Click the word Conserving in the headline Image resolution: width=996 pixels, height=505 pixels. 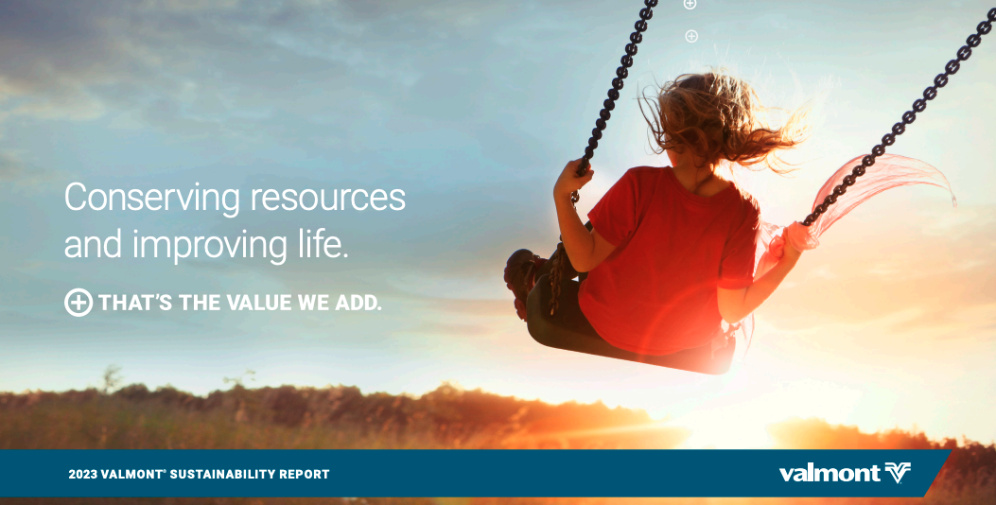point(152,199)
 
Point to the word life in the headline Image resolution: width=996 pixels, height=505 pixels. point(323,243)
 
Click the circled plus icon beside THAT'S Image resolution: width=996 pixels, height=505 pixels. point(79,303)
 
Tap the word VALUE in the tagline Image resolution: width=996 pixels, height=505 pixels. point(259,303)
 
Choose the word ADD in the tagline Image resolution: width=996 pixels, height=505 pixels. point(358,303)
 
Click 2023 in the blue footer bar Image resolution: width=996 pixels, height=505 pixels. point(82,474)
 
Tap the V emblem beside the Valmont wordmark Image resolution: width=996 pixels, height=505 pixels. point(898,473)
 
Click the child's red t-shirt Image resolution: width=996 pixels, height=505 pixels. point(667,260)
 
